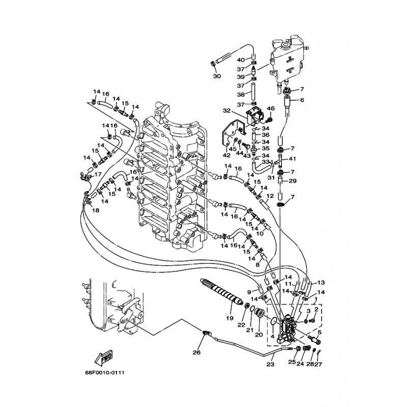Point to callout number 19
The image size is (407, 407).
tap(229, 318)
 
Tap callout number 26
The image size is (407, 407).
tap(196, 352)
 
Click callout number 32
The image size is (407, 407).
tap(226, 110)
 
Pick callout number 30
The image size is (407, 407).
tap(217, 77)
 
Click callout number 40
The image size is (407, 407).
tap(241, 60)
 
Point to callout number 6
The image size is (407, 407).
tap(302, 100)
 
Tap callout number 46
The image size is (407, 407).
tap(271, 108)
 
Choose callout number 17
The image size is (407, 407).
tap(98, 174)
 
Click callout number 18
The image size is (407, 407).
tap(96, 210)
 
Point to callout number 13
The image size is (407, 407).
tap(321, 282)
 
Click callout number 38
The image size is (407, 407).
tap(241, 95)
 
